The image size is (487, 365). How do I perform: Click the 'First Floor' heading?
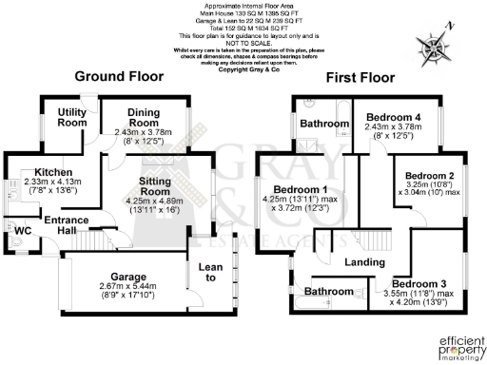click(367, 76)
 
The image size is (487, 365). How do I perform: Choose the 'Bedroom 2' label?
click(430, 176)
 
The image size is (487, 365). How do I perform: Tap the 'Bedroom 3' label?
click(419, 284)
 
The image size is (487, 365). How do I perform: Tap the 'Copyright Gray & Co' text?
click(249, 69)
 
